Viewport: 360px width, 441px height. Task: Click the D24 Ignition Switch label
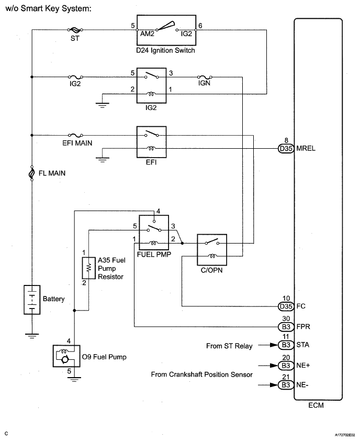click(165, 51)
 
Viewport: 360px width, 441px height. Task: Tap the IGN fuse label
click(205, 83)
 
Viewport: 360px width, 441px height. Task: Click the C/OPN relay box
click(212, 250)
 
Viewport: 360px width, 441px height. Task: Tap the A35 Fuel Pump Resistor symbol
click(88, 268)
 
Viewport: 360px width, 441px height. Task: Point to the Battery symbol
click(32, 300)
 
